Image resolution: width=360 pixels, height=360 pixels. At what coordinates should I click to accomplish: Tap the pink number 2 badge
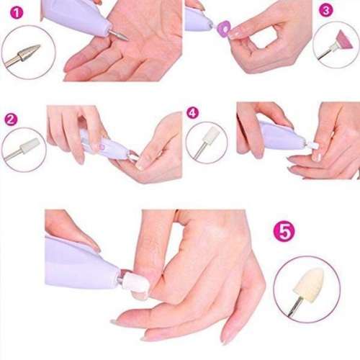click(10, 119)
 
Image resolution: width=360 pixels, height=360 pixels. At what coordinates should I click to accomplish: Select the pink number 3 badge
click(325, 11)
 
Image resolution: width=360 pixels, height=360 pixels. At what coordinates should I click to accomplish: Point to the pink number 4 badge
click(192, 113)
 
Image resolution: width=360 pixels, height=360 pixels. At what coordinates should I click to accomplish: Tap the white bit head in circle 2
click(28, 147)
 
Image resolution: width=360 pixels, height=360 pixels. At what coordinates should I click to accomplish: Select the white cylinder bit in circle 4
click(210, 136)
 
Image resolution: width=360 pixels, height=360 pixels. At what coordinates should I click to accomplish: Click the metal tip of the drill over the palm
click(119, 34)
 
